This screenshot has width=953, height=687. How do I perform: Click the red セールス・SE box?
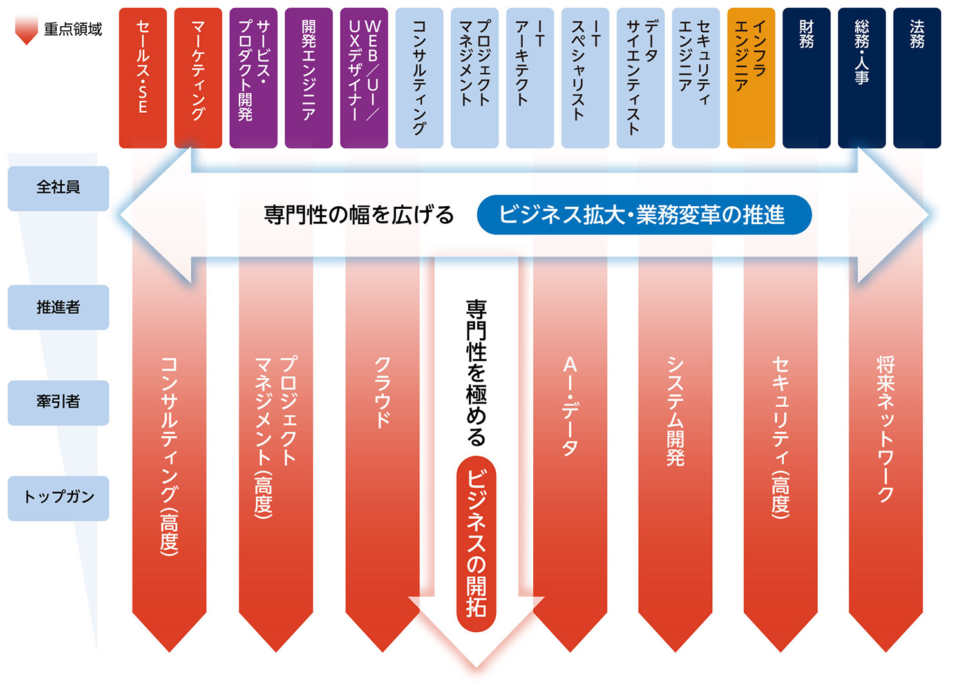coord(143,78)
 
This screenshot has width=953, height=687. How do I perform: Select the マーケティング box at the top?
coord(198,78)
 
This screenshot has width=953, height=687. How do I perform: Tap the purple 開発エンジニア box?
coord(308,78)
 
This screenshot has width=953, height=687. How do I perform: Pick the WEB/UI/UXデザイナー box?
coord(364,78)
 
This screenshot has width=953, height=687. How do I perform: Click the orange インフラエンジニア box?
coord(751,78)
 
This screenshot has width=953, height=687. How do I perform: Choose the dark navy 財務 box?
coord(806,78)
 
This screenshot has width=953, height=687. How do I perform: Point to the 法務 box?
coord(917,78)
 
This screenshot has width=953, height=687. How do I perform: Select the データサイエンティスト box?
coord(641,78)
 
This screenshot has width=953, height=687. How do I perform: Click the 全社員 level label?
coord(59,188)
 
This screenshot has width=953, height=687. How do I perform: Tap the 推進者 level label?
coord(59,307)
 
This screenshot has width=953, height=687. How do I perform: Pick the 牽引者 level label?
coord(59,403)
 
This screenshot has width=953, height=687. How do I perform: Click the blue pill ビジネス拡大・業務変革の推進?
coord(644,215)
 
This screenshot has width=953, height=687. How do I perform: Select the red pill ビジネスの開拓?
coord(476,544)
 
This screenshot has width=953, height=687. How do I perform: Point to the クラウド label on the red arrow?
coord(382,392)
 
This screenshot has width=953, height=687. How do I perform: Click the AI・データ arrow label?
coord(570,406)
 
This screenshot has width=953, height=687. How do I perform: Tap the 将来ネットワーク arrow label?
coord(885,429)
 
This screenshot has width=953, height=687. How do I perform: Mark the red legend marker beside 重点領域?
coord(26,31)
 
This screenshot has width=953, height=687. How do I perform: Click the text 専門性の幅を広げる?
coord(359,215)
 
